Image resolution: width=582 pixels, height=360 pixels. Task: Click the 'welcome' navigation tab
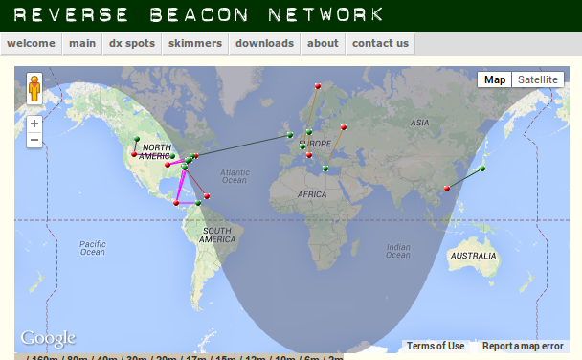click(32, 43)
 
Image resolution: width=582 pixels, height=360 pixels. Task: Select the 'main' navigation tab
click(82, 43)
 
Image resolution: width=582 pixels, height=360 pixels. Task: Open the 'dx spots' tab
click(130, 43)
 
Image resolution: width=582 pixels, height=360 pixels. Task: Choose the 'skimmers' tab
click(195, 43)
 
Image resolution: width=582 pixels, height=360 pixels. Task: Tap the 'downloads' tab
click(264, 43)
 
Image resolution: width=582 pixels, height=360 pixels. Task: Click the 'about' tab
click(323, 43)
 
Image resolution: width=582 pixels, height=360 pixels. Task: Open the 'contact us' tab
click(380, 43)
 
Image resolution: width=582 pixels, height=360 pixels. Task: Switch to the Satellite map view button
click(538, 79)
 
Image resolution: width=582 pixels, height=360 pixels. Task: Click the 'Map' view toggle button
click(495, 79)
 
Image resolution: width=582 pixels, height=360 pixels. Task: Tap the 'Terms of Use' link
click(436, 346)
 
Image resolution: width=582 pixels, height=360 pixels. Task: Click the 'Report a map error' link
click(523, 346)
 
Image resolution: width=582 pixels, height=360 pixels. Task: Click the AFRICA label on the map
click(312, 193)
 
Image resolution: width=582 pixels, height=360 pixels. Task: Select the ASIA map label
click(419, 123)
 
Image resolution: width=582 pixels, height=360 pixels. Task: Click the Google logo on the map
click(48, 338)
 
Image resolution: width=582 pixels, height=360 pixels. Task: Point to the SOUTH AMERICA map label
click(217, 235)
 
